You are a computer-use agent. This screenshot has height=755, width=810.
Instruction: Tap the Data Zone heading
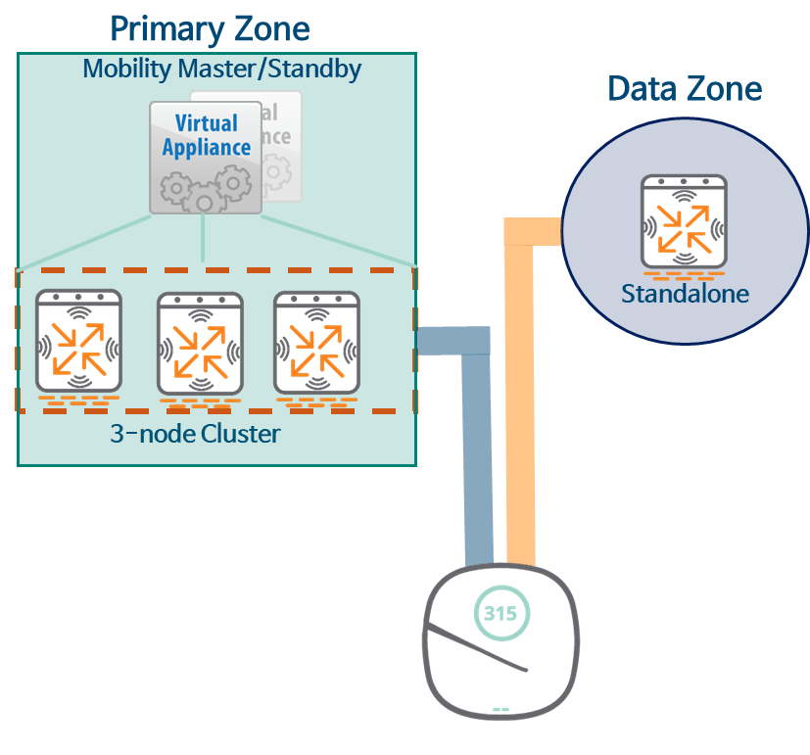(684, 89)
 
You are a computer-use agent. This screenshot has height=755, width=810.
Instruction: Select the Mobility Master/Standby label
(222, 70)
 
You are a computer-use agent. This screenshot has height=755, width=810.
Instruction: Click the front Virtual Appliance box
(205, 157)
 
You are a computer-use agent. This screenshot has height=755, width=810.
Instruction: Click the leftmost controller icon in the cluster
(78, 342)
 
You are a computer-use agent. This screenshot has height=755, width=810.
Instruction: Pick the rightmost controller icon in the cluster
(316, 342)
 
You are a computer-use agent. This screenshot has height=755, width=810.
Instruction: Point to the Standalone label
(684, 294)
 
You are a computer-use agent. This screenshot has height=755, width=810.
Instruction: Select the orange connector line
(520, 411)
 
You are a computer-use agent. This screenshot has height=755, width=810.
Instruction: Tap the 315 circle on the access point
(500, 614)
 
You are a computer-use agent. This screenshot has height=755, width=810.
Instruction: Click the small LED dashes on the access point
(500, 709)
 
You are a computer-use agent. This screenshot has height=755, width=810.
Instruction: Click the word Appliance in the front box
(207, 149)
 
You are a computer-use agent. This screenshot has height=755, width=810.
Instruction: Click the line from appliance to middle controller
(203, 238)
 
